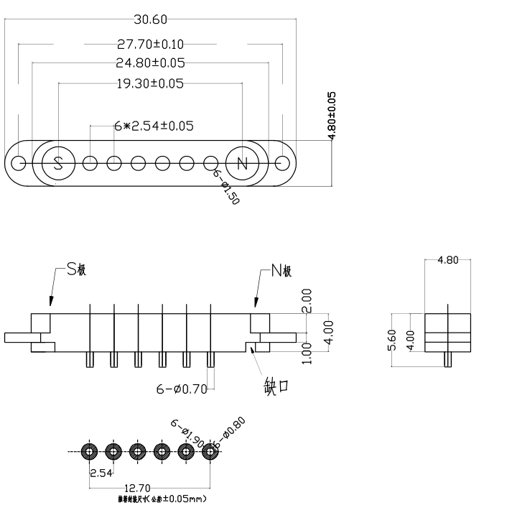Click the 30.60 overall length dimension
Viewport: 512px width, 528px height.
[151, 19]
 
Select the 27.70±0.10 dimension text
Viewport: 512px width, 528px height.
[150, 45]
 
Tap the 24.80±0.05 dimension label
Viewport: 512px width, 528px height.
[150, 62]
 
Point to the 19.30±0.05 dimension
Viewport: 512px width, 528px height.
[149, 83]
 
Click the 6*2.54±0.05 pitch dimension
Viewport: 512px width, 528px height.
[154, 126]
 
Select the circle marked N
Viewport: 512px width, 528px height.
[242, 162]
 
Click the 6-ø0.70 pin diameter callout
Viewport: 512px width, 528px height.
[182, 389]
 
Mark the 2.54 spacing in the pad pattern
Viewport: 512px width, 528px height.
[100, 473]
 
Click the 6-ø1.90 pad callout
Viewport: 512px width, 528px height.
[185, 432]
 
